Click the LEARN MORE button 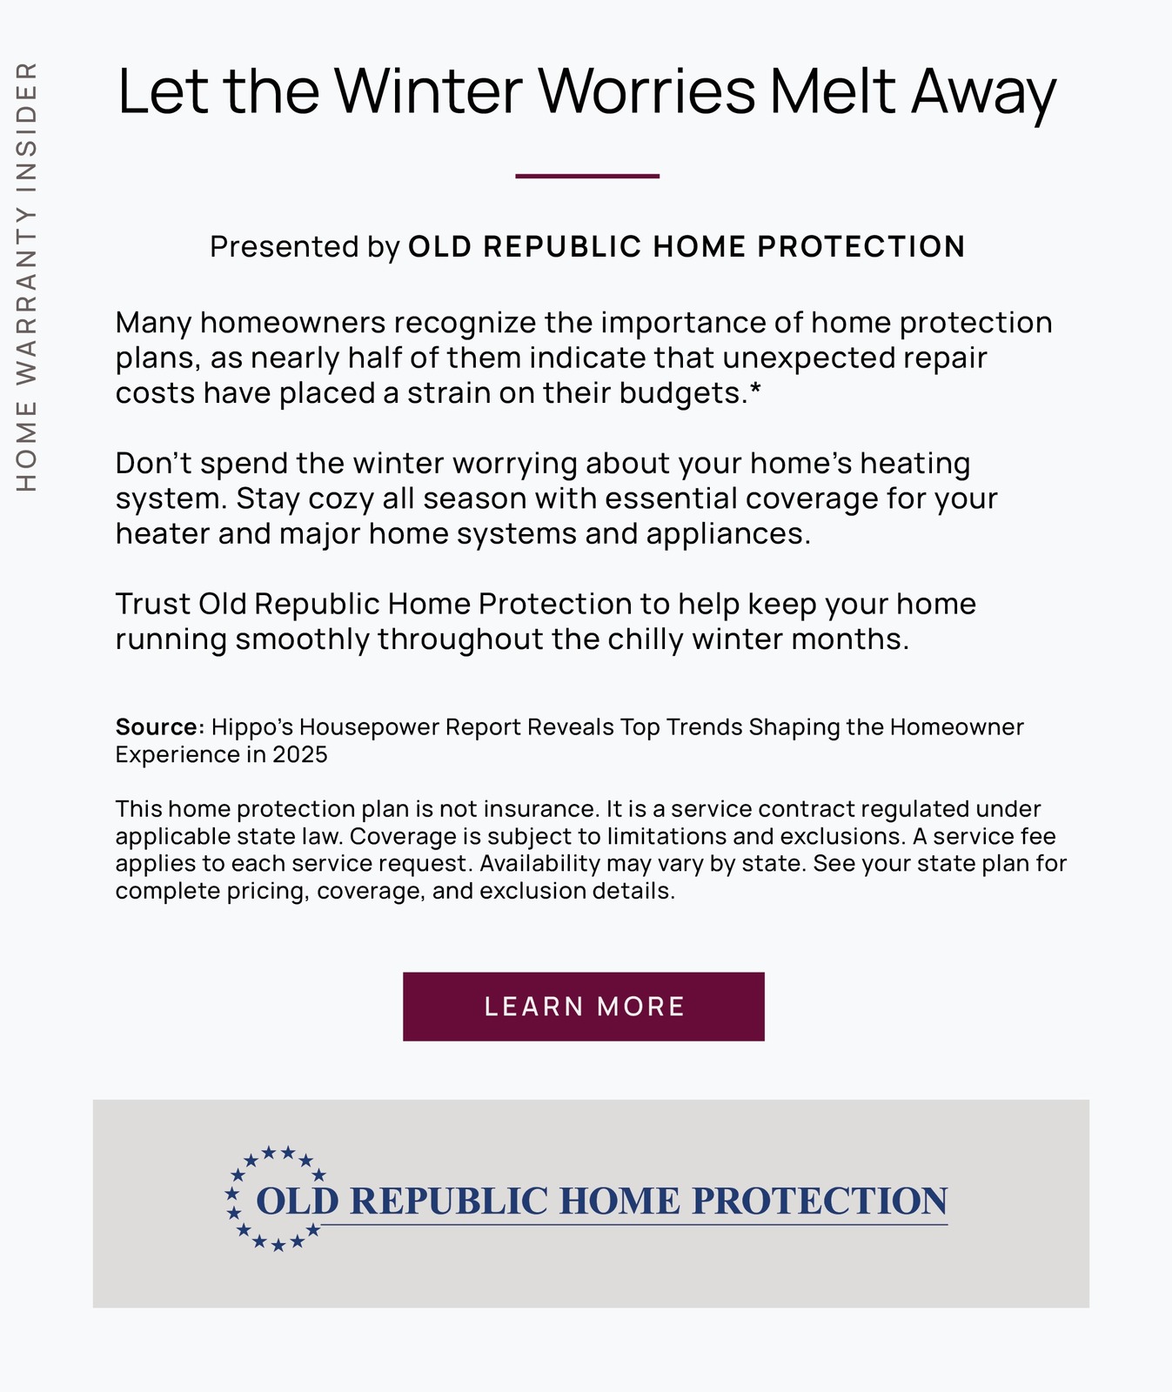(584, 1007)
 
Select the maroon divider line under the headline (587, 177)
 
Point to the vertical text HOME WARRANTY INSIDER (28, 276)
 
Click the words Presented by (305, 247)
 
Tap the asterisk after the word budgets (754, 391)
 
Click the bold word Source (157, 726)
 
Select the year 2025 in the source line (300, 754)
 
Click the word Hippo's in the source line (251, 726)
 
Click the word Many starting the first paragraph (153, 323)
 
